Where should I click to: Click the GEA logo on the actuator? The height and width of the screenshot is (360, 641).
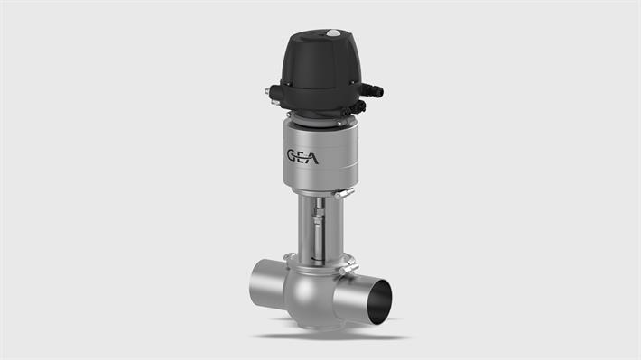[x=302, y=155]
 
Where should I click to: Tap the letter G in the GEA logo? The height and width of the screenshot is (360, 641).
[x=291, y=155]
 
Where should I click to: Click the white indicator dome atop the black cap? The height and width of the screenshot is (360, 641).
[x=331, y=34]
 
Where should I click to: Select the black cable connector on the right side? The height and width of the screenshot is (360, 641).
[x=372, y=91]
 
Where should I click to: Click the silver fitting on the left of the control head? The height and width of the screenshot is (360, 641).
[x=270, y=90]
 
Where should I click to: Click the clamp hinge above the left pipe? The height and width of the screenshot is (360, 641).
[x=288, y=260]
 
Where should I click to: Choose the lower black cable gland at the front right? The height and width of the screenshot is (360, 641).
[x=357, y=107]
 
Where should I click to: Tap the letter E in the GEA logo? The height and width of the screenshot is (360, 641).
[x=302, y=155]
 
